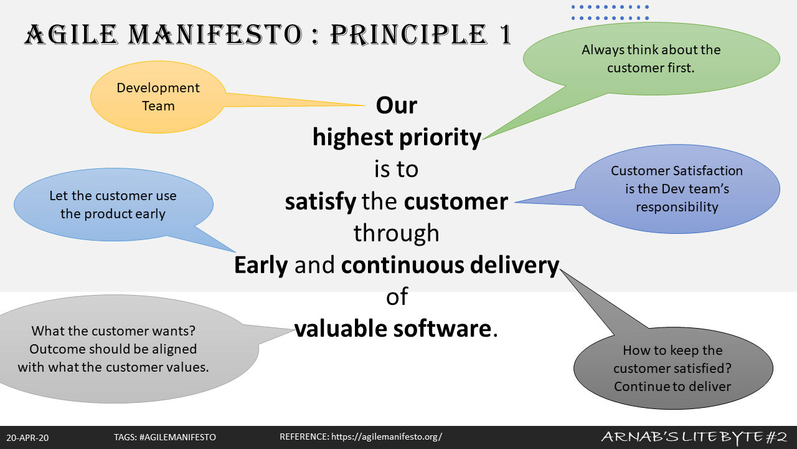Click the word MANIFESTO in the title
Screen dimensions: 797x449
[x=215, y=35]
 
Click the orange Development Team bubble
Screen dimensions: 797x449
[x=158, y=97]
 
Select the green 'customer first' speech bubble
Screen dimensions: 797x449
[x=651, y=59]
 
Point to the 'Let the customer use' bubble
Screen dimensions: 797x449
[x=113, y=205]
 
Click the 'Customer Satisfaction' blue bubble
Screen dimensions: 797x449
[x=677, y=189]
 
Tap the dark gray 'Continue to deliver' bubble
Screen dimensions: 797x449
[x=672, y=368]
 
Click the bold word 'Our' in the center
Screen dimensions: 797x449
[x=397, y=105]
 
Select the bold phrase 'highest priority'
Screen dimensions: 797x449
[x=397, y=138]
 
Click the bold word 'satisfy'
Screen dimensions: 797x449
[x=320, y=202]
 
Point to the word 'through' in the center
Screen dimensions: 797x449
[x=397, y=233]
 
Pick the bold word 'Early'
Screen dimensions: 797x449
[x=261, y=266]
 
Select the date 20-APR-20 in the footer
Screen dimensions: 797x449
[x=27, y=438]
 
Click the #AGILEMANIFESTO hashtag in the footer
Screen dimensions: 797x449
[x=177, y=437]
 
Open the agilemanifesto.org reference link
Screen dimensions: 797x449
[x=387, y=437]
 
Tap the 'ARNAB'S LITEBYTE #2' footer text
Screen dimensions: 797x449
[x=694, y=437]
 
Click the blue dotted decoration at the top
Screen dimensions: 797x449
[x=610, y=12]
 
